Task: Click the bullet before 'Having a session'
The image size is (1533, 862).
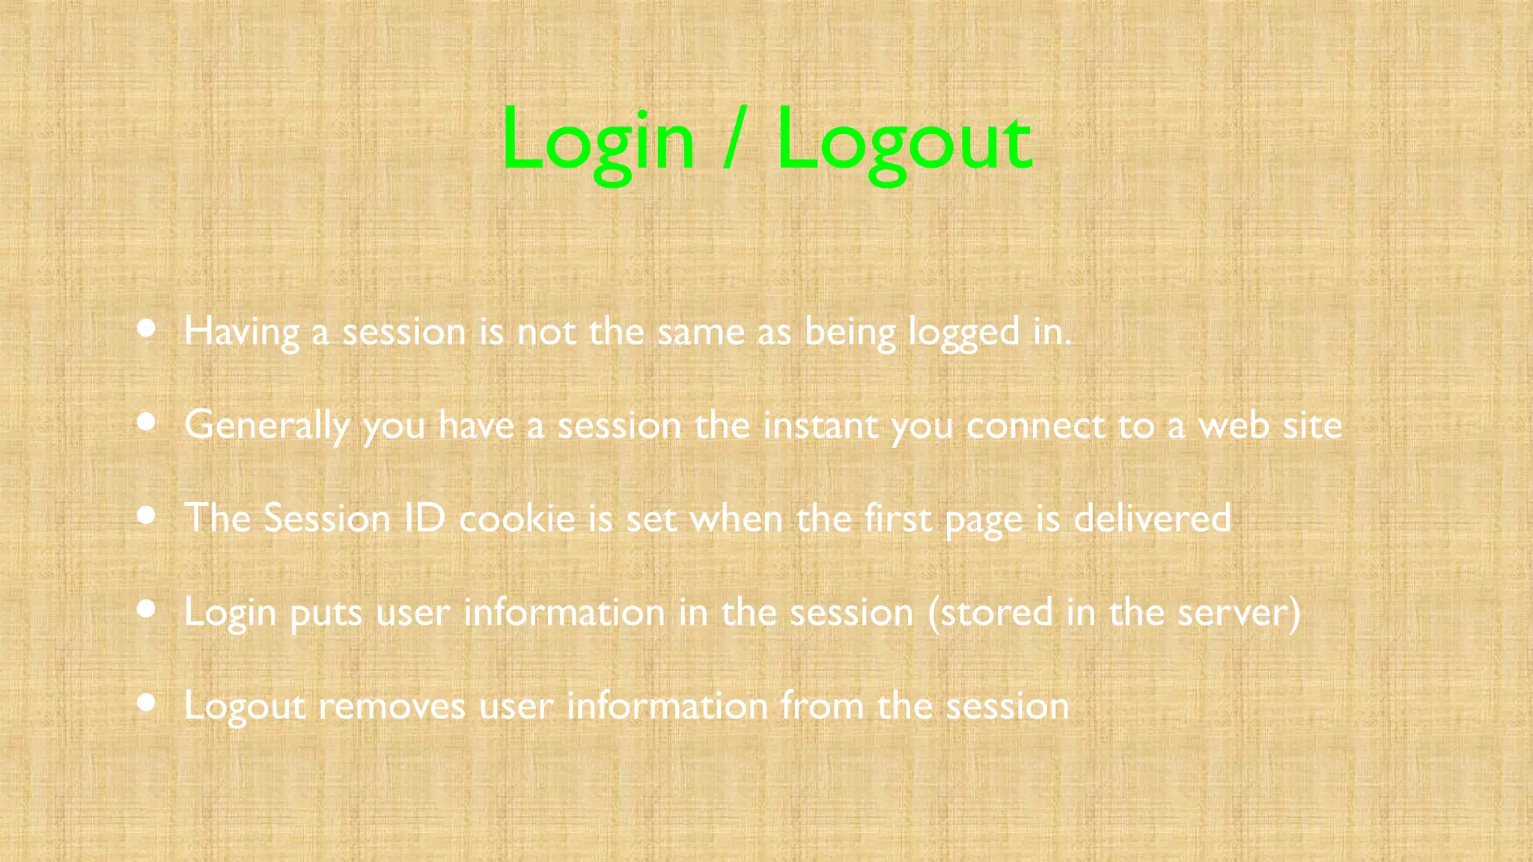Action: click(147, 328)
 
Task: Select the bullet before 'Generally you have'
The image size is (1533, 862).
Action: click(147, 422)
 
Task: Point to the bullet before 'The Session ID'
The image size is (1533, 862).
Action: click(147, 516)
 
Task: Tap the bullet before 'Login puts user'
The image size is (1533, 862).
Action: click(147, 609)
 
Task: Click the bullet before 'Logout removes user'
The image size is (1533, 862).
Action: click(147, 703)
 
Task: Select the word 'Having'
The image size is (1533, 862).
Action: click(241, 331)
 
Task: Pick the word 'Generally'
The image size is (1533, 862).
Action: click(266, 426)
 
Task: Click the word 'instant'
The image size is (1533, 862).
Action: click(820, 425)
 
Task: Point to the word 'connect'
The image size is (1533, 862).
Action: click(1035, 426)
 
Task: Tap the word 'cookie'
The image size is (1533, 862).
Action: click(516, 519)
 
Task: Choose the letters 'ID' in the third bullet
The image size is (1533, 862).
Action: click(424, 518)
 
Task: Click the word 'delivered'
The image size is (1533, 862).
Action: click(1152, 518)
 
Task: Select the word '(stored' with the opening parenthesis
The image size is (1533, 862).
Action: click(990, 612)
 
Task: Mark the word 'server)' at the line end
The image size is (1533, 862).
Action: click(1239, 612)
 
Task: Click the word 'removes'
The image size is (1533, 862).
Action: click(392, 706)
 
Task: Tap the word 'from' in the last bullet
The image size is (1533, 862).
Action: click(822, 705)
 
